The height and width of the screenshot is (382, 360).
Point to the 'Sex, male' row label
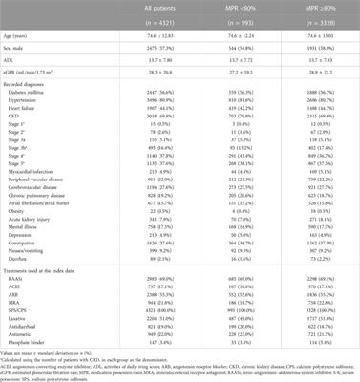22,45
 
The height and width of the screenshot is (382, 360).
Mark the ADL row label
15,57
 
